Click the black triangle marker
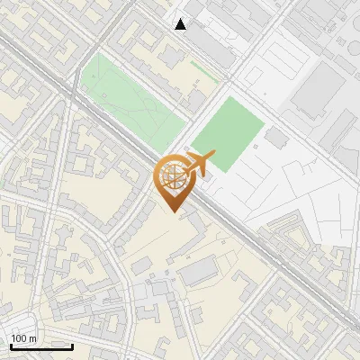pos(181,24)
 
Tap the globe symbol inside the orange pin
pos(173,178)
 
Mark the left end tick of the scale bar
pos(10,346)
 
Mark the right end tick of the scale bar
pos(72,346)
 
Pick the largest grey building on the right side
pos(316,90)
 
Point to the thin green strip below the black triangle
pos(203,67)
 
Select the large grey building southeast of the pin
pos(202,269)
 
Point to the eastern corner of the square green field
pos(266,125)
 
